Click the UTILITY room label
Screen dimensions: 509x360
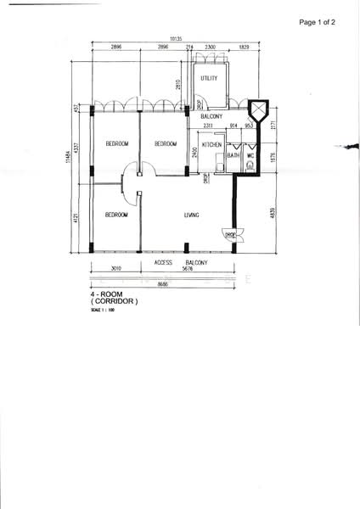[209, 79]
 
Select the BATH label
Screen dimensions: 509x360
[233, 155]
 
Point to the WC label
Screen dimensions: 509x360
[250, 155]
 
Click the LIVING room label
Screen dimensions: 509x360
[192, 215]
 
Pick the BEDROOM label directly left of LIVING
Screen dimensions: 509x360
[116, 215]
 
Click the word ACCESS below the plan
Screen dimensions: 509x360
[165, 263]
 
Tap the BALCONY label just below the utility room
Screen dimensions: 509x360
[212, 116]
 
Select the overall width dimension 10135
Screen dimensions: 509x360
[176, 39]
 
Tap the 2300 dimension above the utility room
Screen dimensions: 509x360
[210, 48]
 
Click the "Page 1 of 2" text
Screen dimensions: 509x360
[318, 23]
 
